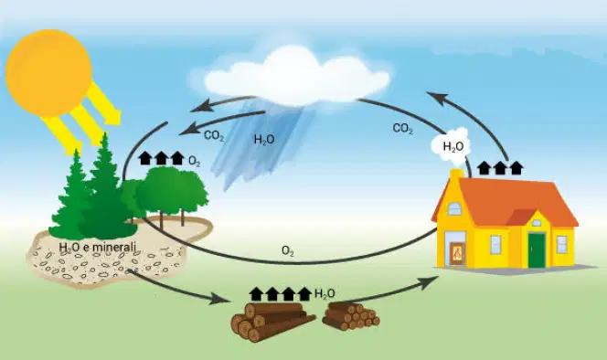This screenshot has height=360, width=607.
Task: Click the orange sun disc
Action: coord(48,73)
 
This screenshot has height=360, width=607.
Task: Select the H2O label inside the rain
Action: coord(264,140)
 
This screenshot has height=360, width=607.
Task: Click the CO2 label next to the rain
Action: coord(214,136)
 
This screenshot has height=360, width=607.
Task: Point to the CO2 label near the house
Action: coord(402,129)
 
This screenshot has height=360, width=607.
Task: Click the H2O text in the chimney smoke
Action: coord(453,147)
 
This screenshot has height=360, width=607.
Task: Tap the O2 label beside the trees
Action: coord(195,161)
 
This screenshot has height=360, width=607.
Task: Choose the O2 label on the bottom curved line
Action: coord(288,251)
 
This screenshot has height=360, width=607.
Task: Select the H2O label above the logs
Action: coord(325,294)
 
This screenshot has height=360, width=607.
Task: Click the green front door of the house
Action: coord(537,250)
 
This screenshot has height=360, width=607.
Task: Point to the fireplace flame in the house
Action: coord(457,253)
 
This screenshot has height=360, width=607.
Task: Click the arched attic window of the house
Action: coord(454,209)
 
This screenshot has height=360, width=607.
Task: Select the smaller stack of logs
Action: coord(351,316)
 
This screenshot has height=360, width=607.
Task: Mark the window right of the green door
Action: coord(561,245)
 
